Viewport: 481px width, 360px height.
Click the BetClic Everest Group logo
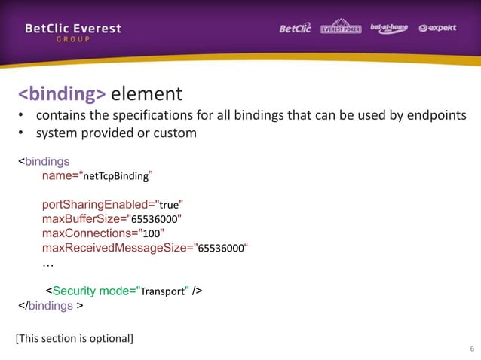[x=72, y=32]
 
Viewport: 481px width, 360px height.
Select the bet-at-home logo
[x=389, y=29]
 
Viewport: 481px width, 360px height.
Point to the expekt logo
[x=438, y=29]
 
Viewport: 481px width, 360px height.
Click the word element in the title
[x=146, y=94]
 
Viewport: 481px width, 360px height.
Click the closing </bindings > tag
[x=51, y=306]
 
